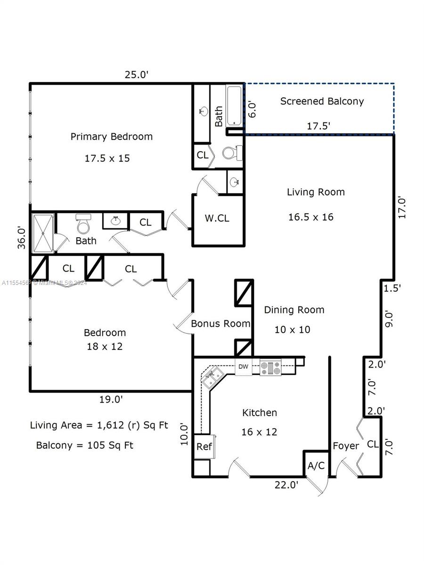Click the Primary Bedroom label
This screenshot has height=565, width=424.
coord(112,137)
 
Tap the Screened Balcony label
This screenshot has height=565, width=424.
coord(322,101)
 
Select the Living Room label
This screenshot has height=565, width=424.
coord(316,192)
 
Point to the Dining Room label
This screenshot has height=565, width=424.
coord(294,310)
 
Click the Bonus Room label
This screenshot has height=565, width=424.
coord(220,324)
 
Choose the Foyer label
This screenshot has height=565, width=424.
coord(346,446)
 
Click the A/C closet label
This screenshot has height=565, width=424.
coord(316,466)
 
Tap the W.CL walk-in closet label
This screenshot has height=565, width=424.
coord(217,218)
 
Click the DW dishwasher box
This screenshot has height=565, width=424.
coord(243,367)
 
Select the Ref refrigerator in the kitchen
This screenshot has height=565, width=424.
coord(204,446)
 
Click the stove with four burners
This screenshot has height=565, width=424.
coord(270,367)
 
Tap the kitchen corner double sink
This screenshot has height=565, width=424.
coord(213,376)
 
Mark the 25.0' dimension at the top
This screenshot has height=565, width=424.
coord(137,74)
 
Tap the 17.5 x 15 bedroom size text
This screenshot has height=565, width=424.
coord(107,158)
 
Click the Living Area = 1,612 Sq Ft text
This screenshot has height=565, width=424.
coord(99,425)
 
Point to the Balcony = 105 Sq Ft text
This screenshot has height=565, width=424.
coord(85,445)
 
